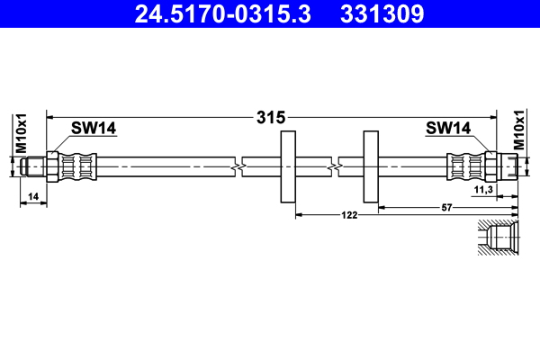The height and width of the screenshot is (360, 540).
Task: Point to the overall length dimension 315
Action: (270, 117)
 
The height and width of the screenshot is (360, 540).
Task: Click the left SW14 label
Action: (94, 129)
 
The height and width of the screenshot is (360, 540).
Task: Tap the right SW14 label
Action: (447, 129)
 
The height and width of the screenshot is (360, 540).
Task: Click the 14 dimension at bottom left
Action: (32, 195)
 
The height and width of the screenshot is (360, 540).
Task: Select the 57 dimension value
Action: (446, 207)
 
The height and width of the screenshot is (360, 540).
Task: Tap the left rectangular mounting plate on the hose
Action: (289, 166)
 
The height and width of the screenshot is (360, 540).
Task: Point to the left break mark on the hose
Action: (236, 166)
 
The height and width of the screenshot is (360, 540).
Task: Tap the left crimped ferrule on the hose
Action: (77, 166)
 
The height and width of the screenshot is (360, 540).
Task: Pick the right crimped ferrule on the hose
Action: (463, 166)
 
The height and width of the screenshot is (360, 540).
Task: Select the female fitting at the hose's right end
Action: (502, 166)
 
